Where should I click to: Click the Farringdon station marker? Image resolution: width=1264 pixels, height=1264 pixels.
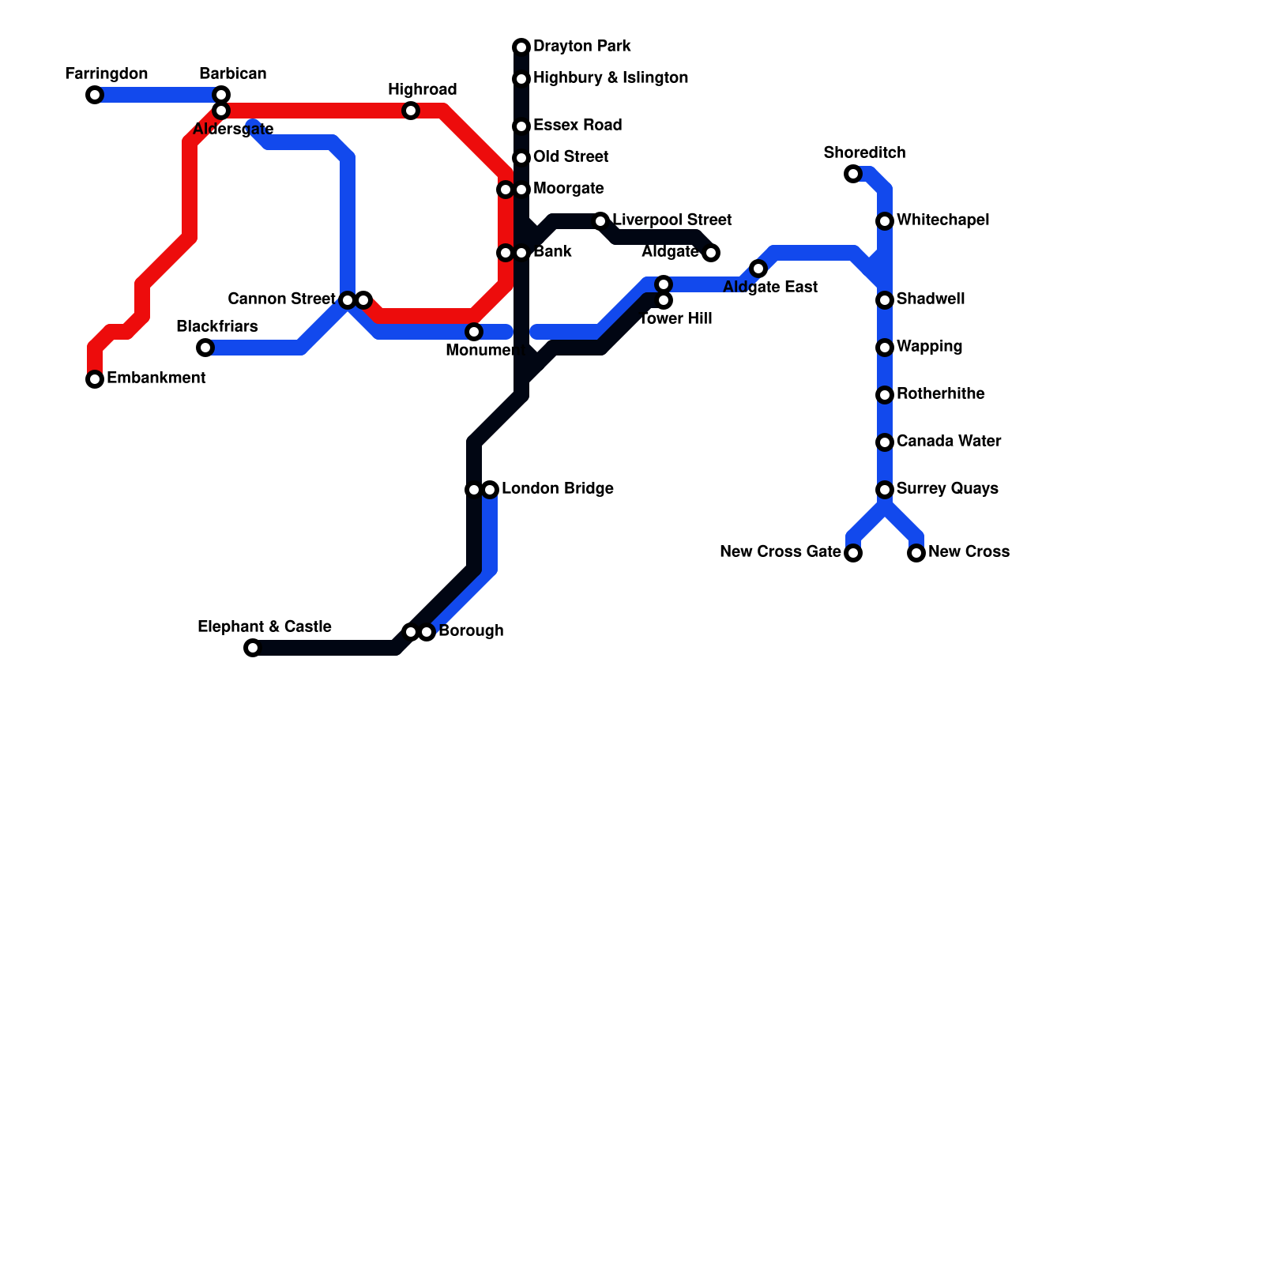click(95, 95)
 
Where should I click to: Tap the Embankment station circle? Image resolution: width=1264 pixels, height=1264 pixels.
click(95, 379)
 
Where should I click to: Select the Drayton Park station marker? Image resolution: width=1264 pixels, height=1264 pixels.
click(521, 47)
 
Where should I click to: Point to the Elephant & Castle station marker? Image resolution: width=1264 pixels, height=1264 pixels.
click(253, 648)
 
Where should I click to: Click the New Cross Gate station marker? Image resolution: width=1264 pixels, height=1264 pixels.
click(853, 553)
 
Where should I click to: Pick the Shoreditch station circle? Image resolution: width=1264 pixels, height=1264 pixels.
click(853, 174)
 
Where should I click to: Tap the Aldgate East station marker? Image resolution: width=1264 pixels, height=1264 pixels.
click(758, 269)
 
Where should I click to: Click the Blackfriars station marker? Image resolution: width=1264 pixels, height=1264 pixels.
click(205, 348)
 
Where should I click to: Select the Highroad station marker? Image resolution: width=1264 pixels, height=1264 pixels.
click(411, 111)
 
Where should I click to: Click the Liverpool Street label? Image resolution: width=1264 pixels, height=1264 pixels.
click(672, 220)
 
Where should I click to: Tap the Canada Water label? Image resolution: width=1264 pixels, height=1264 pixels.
click(949, 441)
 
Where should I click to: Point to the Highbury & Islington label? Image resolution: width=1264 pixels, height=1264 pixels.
click(611, 77)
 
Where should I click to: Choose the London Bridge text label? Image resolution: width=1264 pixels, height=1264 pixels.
click(558, 488)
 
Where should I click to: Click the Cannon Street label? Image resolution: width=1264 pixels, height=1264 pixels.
click(281, 299)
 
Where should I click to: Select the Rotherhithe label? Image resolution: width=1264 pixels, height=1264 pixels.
click(941, 393)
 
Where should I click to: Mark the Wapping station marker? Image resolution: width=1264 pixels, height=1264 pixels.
click(885, 348)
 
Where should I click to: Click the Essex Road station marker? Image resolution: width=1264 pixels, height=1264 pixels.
click(521, 126)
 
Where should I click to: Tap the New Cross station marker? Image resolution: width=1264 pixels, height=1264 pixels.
click(916, 553)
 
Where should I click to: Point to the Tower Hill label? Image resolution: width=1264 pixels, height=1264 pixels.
click(676, 319)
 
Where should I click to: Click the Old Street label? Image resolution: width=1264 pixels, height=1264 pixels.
click(570, 156)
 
